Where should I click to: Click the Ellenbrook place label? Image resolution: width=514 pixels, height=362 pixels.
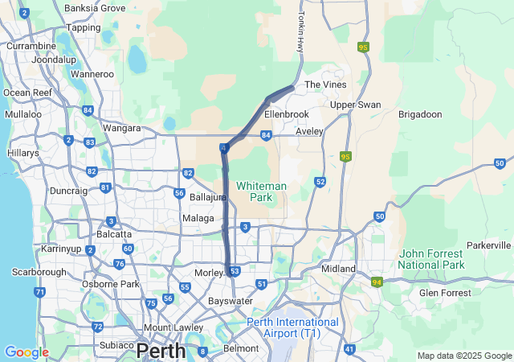286,114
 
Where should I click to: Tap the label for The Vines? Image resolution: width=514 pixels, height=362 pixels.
324,84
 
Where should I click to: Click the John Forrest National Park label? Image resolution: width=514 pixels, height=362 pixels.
431,259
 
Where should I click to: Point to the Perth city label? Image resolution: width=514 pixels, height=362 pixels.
161,351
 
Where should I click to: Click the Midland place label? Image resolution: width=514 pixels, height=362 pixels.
338,268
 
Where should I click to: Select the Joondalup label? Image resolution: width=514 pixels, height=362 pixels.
55,60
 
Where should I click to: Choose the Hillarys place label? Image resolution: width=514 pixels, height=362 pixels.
22,152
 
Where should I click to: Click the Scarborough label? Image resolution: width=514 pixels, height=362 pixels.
38,272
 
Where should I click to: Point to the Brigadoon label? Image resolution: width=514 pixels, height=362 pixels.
420,114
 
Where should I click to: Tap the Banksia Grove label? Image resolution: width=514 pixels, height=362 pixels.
95,8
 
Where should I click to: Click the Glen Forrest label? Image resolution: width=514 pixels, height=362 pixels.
445,293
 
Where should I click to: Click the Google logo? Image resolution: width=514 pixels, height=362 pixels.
27,352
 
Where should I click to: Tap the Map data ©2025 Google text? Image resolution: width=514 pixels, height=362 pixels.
463,356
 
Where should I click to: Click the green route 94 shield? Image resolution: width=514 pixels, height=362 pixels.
377,282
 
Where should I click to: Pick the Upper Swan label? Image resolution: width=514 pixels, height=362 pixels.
355,105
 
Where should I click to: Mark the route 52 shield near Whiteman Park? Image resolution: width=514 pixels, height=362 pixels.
320,183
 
